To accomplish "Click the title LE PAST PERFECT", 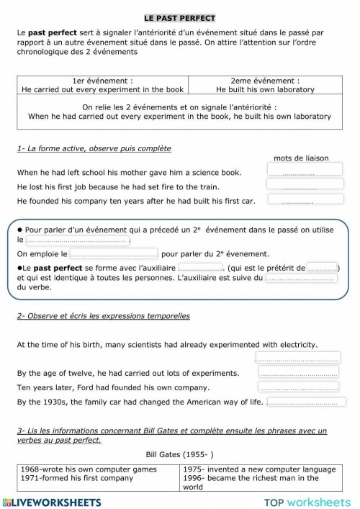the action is (179, 17).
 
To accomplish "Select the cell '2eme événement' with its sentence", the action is (264, 86).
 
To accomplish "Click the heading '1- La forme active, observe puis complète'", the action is (94, 148).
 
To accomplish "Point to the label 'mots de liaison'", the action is (301, 158).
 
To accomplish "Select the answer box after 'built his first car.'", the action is (297, 201).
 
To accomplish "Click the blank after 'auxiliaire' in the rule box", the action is (199, 267).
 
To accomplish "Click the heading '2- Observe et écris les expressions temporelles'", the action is (103, 315).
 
